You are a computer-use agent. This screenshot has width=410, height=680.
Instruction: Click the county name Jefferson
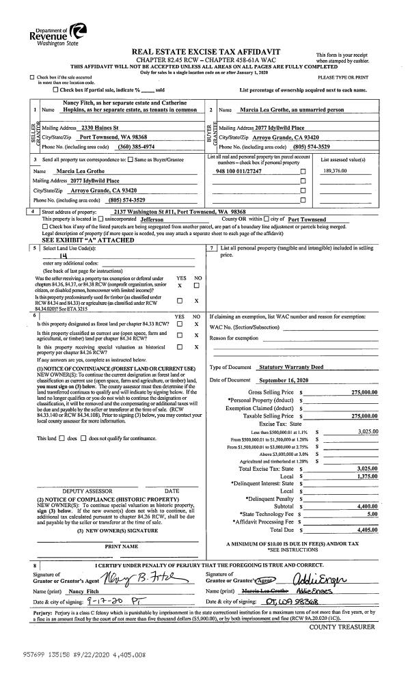click(x=167, y=219)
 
